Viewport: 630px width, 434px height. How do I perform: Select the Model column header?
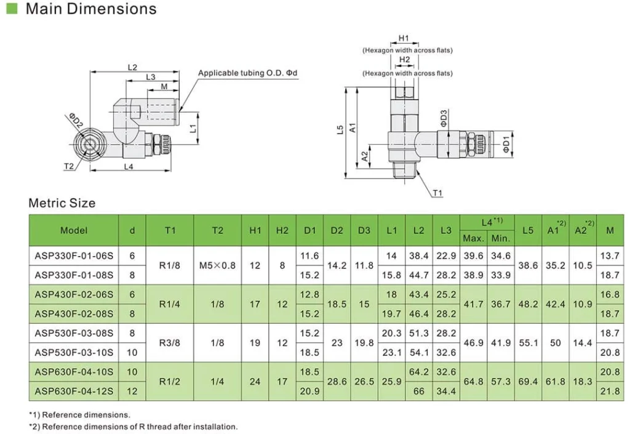pyautogui.click(x=74, y=230)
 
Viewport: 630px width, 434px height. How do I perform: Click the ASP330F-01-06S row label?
pyautogui.click(x=74, y=255)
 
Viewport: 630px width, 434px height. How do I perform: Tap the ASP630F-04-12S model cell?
pyautogui.click(x=74, y=391)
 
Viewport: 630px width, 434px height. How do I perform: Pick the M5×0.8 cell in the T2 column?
pyautogui.click(x=217, y=265)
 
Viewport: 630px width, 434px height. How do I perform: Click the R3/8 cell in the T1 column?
pyautogui.click(x=170, y=343)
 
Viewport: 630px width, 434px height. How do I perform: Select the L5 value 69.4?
pyautogui.click(x=527, y=382)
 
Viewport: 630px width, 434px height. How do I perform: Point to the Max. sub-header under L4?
pyautogui.click(x=473, y=238)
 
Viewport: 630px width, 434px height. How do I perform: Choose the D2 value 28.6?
pyautogui.click(x=337, y=382)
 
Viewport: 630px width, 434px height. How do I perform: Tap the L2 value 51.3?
pyautogui.click(x=418, y=333)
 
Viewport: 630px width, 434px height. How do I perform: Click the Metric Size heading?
pyautogui.click(x=62, y=203)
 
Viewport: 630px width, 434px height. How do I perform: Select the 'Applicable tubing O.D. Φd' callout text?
pyautogui.click(x=247, y=73)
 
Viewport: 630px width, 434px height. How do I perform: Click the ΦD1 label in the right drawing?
pyautogui.click(x=506, y=144)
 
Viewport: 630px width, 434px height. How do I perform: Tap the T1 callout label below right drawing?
pyautogui.click(x=437, y=193)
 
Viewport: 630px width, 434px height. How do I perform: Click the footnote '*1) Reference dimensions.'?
pyautogui.click(x=79, y=415)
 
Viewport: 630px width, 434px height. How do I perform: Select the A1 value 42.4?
pyautogui.click(x=555, y=304)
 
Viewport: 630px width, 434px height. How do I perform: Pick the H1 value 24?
pyautogui.click(x=255, y=382)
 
